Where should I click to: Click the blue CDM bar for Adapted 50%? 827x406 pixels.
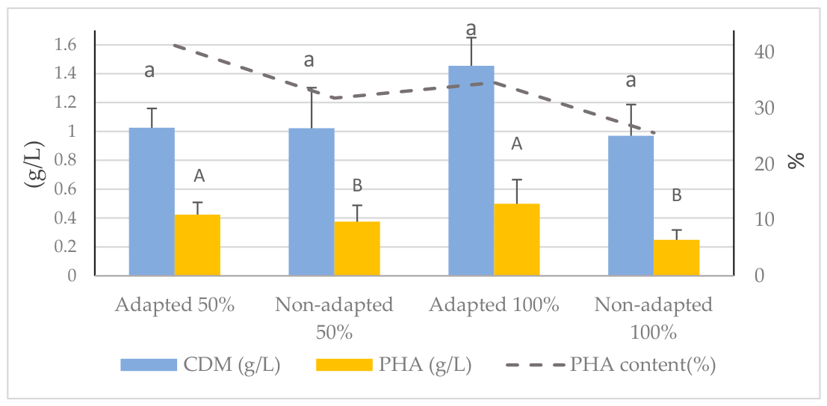coord(152,202)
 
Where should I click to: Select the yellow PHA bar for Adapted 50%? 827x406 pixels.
coord(197,245)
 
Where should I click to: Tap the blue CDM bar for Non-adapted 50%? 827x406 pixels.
coord(312,202)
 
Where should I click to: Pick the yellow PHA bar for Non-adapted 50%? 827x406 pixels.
coord(357,249)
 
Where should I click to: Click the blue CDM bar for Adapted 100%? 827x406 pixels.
coord(471,170)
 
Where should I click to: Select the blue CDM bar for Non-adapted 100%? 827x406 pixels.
coord(631,206)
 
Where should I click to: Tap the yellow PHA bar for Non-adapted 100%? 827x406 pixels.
coord(677,258)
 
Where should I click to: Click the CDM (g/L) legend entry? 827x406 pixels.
coord(200,365)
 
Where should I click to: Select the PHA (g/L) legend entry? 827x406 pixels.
coord(394,365)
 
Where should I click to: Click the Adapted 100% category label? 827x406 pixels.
coord(495,306)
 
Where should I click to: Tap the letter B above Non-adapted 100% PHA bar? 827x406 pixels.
coord(677,196)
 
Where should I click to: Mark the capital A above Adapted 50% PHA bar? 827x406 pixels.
coord(199,177)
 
